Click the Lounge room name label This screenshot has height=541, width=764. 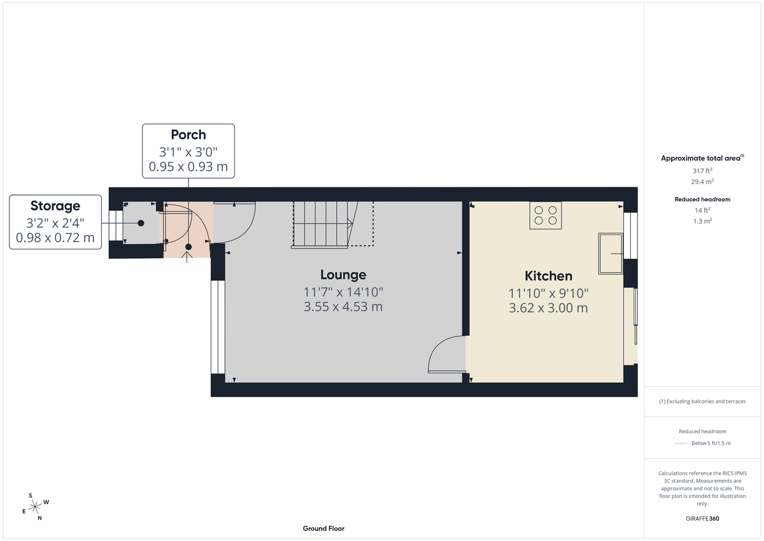coord(343,275)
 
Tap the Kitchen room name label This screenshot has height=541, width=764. coord(548,276)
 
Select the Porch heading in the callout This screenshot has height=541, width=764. coord(188,134)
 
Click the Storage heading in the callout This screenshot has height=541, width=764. coord(55,206)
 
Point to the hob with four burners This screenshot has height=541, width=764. coord(546,215)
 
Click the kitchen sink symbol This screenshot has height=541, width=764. coord(611,254)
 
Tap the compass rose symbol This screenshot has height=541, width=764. coord(35,506)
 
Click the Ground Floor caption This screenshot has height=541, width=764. coord(323,528)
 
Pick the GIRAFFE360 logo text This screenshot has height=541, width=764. coord(702,519)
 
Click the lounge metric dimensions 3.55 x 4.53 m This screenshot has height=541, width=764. coord(343,307)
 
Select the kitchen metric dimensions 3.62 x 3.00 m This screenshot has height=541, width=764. coord(548,308)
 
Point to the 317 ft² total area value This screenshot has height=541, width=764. coord(702,171)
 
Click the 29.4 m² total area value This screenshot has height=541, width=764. coord(702,182)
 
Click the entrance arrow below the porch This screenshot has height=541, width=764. coord(188,257)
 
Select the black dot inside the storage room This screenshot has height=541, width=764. coord(141,223)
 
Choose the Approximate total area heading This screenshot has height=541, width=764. coord(702,158)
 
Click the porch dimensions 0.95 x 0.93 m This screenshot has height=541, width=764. coord(188,168)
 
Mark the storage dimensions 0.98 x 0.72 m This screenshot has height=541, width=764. coord(55,238)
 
